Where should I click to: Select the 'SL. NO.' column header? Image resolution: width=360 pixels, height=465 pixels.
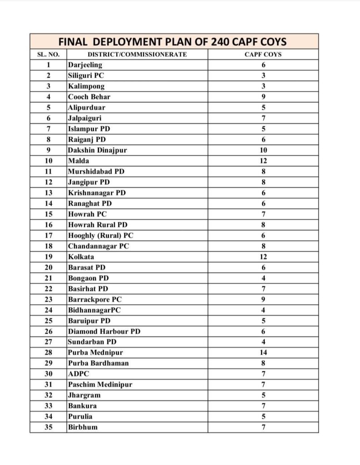pyautogui.click(x=48, y=54)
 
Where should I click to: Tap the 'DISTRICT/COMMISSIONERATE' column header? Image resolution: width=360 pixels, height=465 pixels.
pyautogui.click(x=137, y=54)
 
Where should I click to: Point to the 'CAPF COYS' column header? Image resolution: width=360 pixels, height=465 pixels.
pyautogui.click(x=263, y=54)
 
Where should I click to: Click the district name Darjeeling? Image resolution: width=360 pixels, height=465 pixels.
pyautogui.click(x=85, y=65)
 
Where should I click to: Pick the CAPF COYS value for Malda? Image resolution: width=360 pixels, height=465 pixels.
pyautogui.click(x=263, y=161)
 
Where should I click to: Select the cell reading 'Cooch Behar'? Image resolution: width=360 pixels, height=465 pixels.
pyautogui.click(x=89, y=97)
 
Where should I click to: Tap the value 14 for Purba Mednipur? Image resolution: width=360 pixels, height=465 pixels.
pyautogui.click(x=263, y=352)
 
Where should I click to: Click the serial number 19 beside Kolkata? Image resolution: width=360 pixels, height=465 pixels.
pyautogui.click(x=49, y=257)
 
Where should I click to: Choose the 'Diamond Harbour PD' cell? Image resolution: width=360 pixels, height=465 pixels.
pyautogui.click(x=104, y=331)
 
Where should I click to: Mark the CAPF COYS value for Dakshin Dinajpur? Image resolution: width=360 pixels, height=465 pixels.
pyautogui.click(x=263, y=150)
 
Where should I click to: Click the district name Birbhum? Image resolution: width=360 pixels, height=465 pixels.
pyautogui.click(x=83, y=427)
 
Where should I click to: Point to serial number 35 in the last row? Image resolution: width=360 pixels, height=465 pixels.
pyautogui.click(x=49, y=427)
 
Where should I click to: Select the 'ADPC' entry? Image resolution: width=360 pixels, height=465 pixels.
pyautogui.click(x=79, y=374)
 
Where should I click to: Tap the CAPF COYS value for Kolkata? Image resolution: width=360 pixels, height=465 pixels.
pyautogui.click(x=263, y=257)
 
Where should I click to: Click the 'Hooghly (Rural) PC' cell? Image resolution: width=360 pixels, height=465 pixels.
pyautogui.click(x=100, y=235)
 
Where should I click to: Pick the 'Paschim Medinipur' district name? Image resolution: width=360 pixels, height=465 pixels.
pyautogui.click(x=100, y=384)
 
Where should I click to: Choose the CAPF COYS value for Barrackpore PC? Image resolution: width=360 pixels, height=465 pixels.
pyautogui.click(x=263, y=299)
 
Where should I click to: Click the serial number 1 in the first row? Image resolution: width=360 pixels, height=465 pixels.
pyautogui.click(x=49, y=65)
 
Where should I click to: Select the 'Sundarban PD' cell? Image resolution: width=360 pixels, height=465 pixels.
pyautogui.click(x=92, y=341)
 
